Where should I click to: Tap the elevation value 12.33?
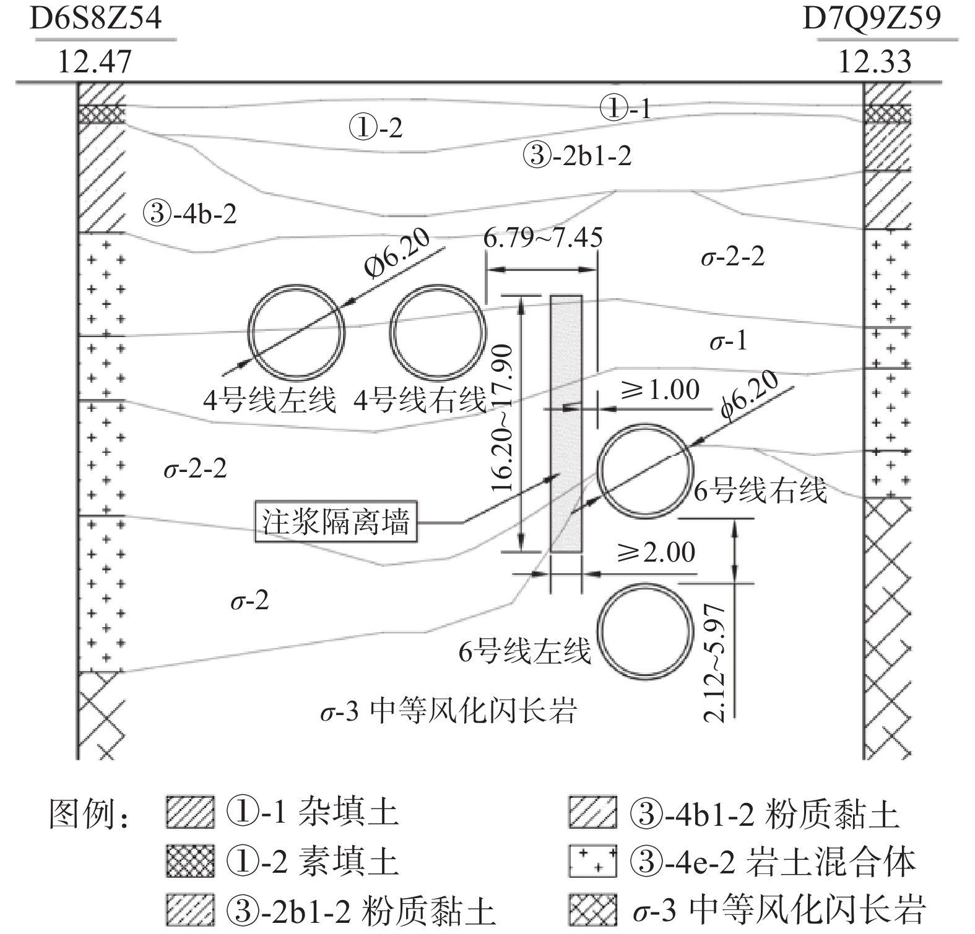(x=874, y=62)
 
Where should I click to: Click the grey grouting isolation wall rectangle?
(x=566, y=423)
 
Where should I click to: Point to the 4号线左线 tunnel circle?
(x=296, y=332)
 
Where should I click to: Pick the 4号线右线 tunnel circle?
(x=438, y=332)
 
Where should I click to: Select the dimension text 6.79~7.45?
(x=542, y=237)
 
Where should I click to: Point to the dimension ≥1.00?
(x=660, y=390)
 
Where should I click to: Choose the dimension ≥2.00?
(x=656, y=552)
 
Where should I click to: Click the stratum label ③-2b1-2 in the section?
(x=577, y=155)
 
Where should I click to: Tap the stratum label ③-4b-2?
(x=189, y=214)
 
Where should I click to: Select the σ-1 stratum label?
(x=728, y=340)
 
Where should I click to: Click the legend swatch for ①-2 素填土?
(x=190, y=861)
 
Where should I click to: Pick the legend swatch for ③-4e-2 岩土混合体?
(x=592, y=861)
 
